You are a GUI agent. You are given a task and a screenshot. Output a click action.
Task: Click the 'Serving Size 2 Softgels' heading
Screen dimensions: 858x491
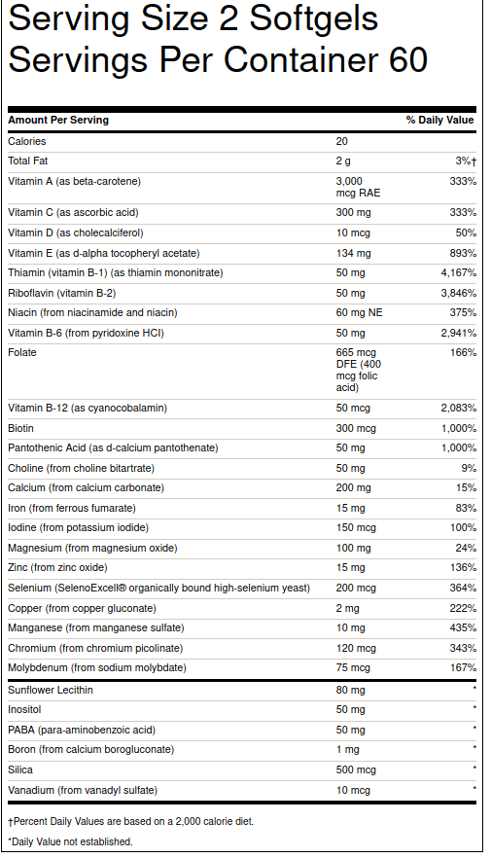pyautogui.click(x=193, y=19)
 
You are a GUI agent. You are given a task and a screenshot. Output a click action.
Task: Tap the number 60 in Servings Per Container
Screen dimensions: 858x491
pyautogui.click(x=408, y=60)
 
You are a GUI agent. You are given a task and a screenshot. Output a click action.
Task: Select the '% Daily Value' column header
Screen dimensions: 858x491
pyautogui.click(x=439, y=121)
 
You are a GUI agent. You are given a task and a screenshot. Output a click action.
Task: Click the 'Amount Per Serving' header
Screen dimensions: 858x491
pyautogui.click(x=58, y=121)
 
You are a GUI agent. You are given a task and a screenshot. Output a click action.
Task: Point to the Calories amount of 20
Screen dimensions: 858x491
pyautogui.click(x=341, y=141)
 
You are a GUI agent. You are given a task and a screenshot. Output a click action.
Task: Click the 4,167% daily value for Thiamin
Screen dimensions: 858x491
pyautogui.click(x=458, y=272)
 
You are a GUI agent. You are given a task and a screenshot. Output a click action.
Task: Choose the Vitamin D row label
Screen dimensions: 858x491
pyautogui.click(x=75, y=232)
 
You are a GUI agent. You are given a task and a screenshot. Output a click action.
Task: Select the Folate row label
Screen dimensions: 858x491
pyautogui.click(x=22, y=352)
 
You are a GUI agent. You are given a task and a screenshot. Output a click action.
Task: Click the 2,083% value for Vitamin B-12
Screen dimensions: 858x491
pyautogui.click(x=458, y=408)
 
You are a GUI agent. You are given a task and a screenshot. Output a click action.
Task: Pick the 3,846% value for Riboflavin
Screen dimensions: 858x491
pyautogui.click(x=458, y=293)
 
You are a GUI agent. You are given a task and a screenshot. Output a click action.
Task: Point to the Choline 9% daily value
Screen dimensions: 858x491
pyautogui.click(x=470, y=468)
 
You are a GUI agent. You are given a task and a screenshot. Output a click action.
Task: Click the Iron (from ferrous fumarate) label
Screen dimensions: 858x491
pyautogui.click(x=71, y=508)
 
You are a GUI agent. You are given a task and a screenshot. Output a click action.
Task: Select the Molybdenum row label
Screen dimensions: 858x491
pyautogui.click(x=95, y=667)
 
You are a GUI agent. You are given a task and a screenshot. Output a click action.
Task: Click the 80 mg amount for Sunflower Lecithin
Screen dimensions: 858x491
pyautogui.click(x=351, y=690)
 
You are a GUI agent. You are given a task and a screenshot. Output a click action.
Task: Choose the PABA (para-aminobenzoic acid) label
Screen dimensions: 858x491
pyautogui.click(x=81, y=730)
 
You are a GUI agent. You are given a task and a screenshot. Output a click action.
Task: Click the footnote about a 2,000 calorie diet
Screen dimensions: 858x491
pyautogui.click(x=130, y=821)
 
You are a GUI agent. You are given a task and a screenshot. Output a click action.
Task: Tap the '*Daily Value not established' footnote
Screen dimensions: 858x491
pyautogui.click(x=70, y=841)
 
